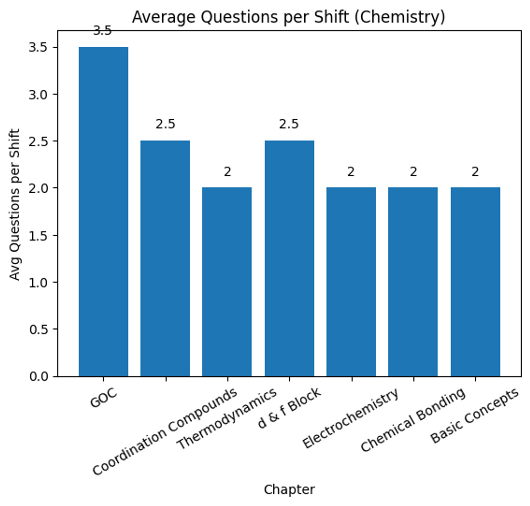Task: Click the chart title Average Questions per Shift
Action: [x=288, y=17]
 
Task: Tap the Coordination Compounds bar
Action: [x=165, y=258]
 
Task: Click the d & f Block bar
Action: [x=289, y=258]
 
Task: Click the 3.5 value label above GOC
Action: [x=102, y=31]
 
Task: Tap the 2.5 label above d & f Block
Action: [x=289, y=124]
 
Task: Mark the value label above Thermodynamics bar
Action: [x=227, y=171]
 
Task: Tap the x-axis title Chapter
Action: [x=289, y=490]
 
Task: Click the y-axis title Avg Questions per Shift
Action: [x=15, y=204]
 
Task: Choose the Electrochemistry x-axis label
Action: [x=351, y=418]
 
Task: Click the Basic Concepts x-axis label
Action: [x=474, y=415]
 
